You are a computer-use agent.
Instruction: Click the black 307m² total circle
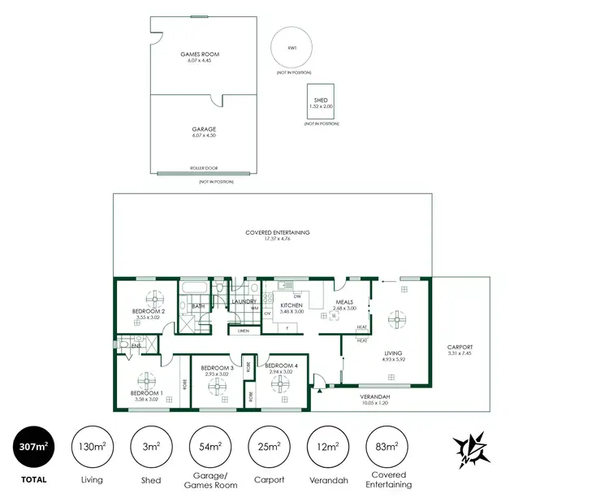pos(33,447)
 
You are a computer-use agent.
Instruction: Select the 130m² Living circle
pos(92,447)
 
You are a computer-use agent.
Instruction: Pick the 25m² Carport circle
pos(268,447)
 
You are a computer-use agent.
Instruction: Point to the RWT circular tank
pos(291,49)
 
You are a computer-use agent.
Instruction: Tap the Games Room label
pos(200,54)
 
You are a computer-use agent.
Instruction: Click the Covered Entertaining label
pos(278,232)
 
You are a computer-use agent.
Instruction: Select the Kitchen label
pos(290,305)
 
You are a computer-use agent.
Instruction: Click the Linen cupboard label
pos(243,331)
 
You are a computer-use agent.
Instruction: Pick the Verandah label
pos(375,396)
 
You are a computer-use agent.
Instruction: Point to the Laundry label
pos(244,302)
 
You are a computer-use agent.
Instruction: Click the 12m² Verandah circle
pos(327,447)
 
